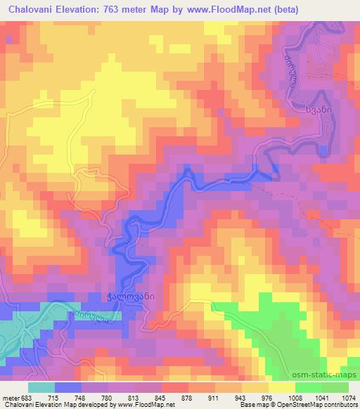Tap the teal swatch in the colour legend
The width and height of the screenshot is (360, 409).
click(x=41, y=387)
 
